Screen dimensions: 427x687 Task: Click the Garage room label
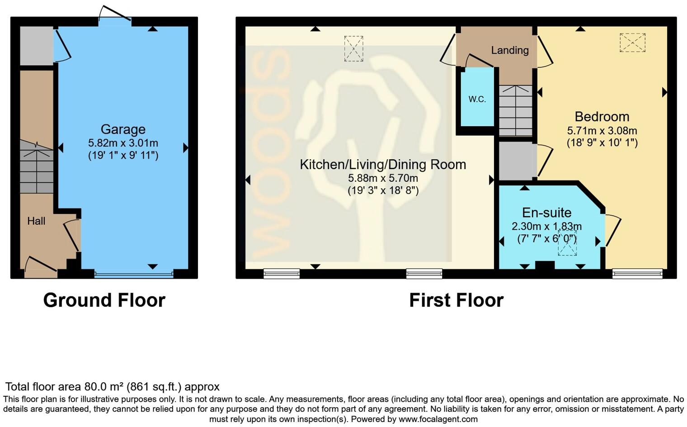click(x=123, y=129)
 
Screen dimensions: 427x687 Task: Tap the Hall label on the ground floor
click(x=36, y=221)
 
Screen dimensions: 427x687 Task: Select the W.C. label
click(x=477, y=100)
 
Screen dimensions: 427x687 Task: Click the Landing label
click(x=510, y=50)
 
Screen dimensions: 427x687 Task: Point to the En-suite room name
click(x=546, y=213)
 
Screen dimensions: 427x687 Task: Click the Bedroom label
click(x=602, y=117)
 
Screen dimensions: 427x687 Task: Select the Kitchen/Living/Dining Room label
click(x=383, y=164)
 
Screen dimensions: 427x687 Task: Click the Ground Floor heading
click(x=104, y=300)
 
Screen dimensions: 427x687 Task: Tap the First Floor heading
click(x=456, y=300)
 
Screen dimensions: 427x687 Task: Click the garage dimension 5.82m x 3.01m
click(x=123, y=143)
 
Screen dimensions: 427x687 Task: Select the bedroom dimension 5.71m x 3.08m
click(x=602, y=131)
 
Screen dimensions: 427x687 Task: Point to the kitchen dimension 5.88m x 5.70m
click(x=383, y=179)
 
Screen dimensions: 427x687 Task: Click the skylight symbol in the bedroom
click(x=632, y=43)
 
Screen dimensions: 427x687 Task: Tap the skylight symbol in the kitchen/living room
click(x=353, y=48)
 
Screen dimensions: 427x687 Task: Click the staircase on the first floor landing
click(x=515, y=110)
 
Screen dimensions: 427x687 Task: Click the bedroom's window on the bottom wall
click(x=637, y=274)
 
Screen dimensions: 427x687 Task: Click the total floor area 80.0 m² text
click(x=112, y=387)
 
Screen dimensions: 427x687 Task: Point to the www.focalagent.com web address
click(x=438, y=419)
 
